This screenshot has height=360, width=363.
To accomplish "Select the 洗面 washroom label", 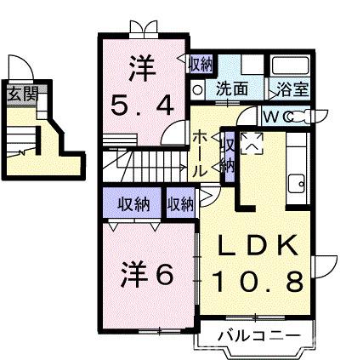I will point(230,88).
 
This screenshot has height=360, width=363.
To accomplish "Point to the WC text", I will point(275,117).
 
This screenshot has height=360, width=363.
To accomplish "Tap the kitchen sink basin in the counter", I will point(298,180).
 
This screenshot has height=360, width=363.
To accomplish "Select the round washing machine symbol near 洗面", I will point(197,88).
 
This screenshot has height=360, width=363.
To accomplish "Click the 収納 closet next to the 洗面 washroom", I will point(201,64).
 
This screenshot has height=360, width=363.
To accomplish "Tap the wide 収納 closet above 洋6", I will point(134,203).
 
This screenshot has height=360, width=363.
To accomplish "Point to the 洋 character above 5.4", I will point(143,69).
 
